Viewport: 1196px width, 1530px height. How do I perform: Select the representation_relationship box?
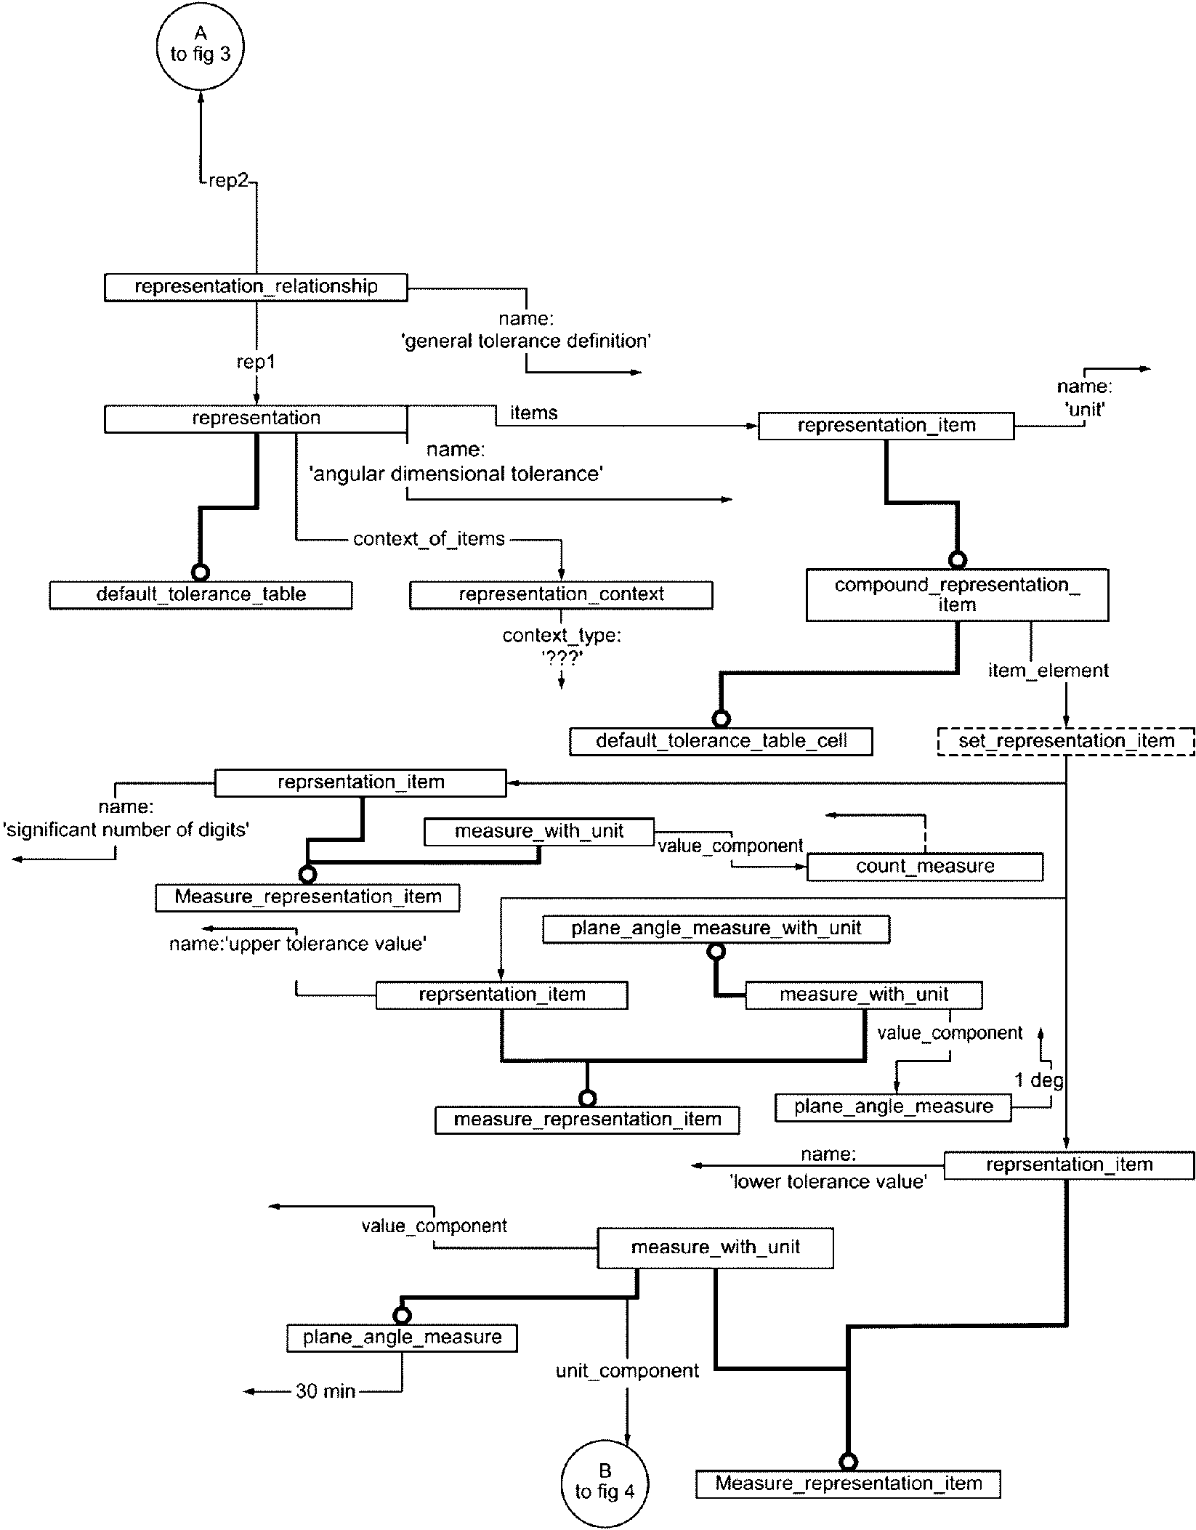click(256, 286)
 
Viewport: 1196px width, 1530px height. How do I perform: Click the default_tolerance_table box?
click(201, 594)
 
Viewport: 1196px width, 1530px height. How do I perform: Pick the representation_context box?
click(561, 594)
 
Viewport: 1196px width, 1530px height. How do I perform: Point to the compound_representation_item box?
click(957, 594)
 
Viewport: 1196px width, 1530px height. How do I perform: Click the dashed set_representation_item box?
click(1066, 741)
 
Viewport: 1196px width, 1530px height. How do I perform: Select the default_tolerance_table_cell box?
click(721, 741)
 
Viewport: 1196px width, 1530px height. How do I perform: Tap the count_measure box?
click(925, 866)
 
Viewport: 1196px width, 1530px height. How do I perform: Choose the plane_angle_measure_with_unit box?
click(716, 928)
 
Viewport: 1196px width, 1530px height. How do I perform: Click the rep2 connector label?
click(228, 181)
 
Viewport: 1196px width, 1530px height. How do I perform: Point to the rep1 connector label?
click(256, 362)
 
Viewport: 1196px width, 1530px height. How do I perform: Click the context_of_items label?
click(429, 539)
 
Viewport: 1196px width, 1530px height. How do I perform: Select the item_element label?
click(1048, 671)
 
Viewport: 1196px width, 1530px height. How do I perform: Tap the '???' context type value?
click(561, 657)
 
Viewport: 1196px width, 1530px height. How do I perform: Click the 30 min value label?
click(326, 1391)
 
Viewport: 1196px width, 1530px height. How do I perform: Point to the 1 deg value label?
click(1039, 1080)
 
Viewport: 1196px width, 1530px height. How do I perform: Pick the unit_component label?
click(627, 1371)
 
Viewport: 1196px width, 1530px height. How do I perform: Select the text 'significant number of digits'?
click(126, 830)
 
